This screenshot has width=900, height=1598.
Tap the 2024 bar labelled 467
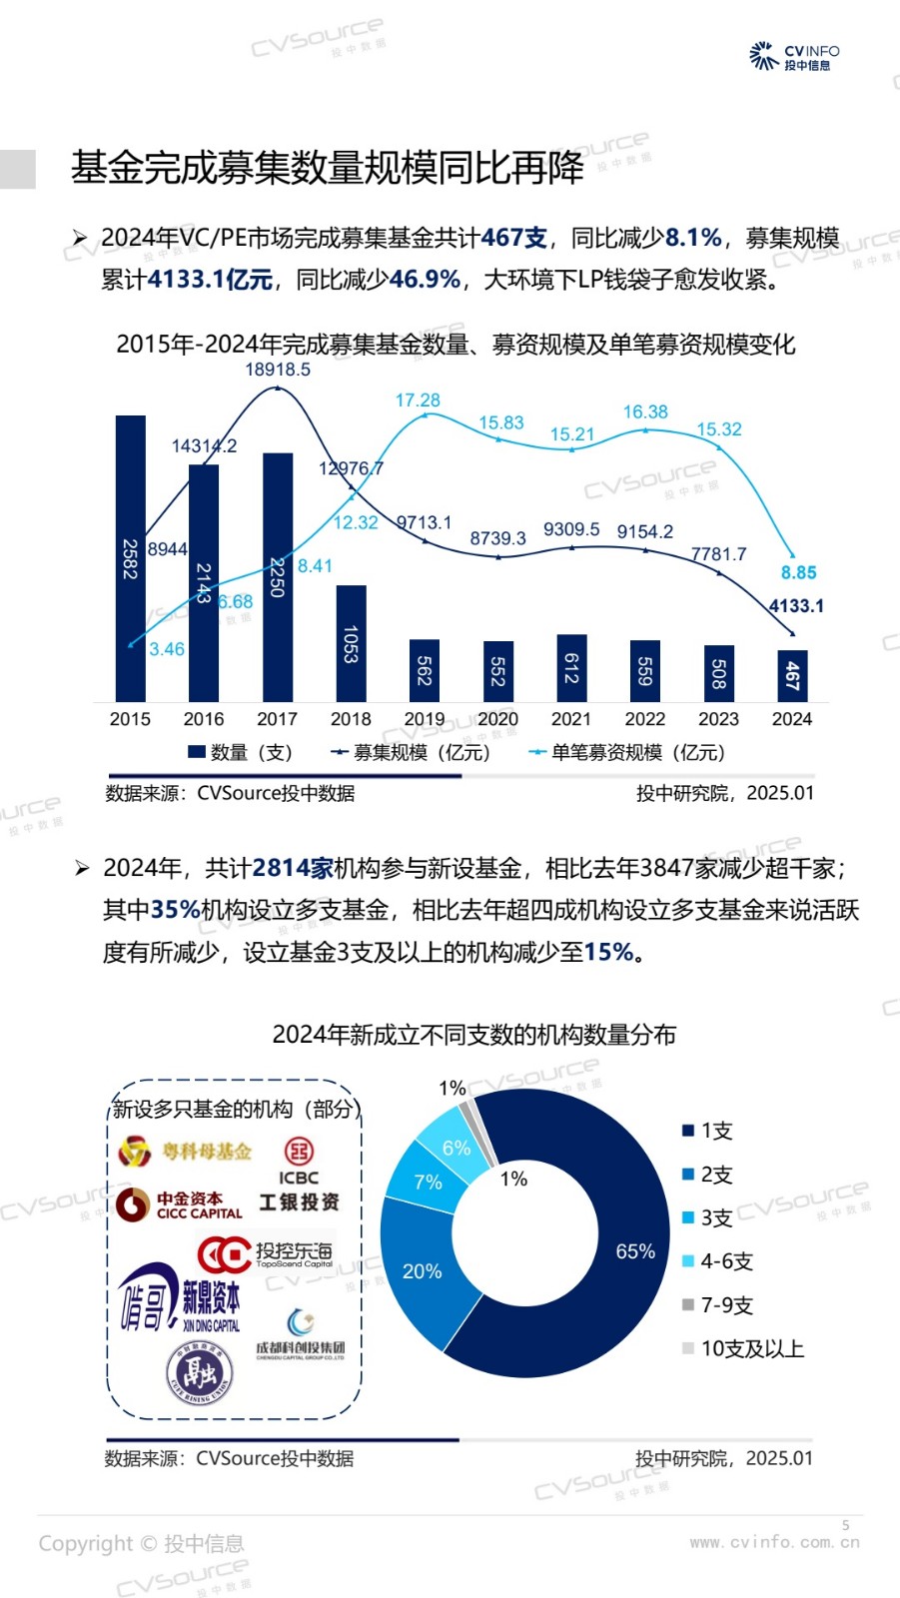pos(792,675)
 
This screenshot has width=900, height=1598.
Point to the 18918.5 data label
pos(278,370)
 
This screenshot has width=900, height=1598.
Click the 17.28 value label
pos(418,400)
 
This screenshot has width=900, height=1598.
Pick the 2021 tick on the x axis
pos(571,719)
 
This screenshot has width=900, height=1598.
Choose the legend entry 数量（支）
pos(240,752)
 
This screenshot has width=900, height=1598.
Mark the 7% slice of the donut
pos(428,1182)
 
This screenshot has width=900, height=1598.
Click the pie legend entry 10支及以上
pos(743,1348)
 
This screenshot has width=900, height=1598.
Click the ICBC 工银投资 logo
pos(299,1177)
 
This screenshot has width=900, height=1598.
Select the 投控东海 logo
pos(265,1254)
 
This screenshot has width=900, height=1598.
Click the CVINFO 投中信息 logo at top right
pos(794,56)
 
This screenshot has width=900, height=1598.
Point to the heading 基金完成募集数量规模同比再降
pos(328,168)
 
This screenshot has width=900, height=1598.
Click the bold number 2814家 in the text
pos(293,868)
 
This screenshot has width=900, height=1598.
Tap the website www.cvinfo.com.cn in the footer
pos(774,1542)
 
